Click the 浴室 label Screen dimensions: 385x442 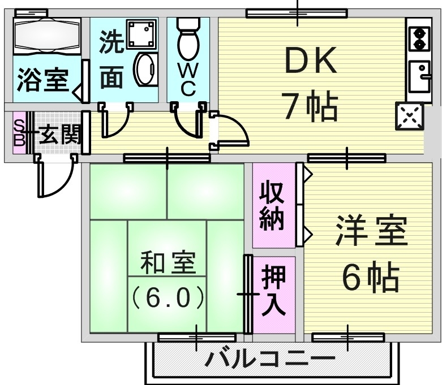42,80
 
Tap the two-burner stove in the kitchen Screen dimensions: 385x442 419,38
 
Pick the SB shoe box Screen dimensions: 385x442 19,133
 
